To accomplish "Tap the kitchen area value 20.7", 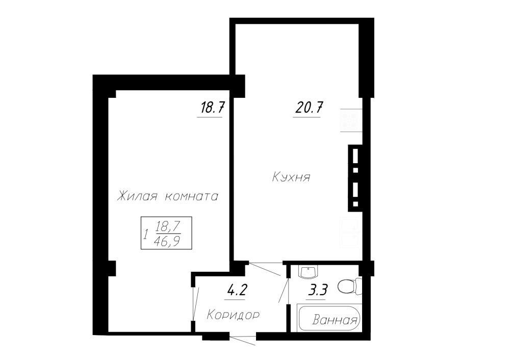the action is (309, 107).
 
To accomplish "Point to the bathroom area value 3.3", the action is (317, 290).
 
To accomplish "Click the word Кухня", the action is (291, 177).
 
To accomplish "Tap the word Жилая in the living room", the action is (137, 196).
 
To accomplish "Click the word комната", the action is (192, 197).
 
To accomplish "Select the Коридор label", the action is (233, 315).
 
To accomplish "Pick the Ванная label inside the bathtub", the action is (335, 321).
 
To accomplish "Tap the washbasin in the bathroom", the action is (308, 272).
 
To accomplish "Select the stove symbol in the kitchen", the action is (351, 120).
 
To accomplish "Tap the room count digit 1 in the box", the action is (146, 234).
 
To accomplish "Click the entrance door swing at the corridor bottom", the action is (242, 339).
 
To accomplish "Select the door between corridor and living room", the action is (194, 304).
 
